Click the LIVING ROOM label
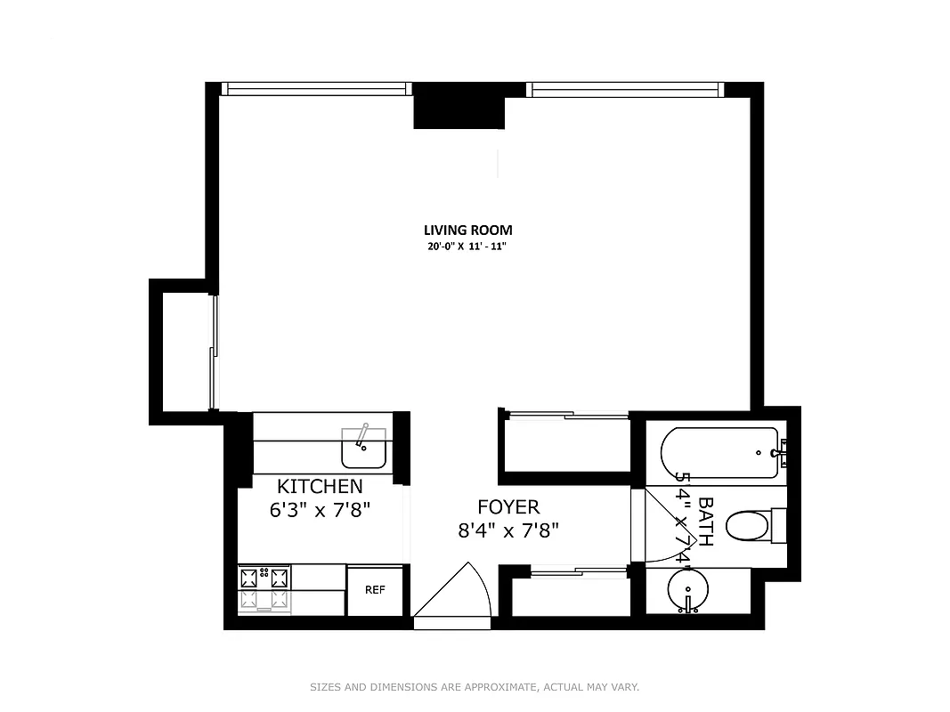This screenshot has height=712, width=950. [x=467, y=230]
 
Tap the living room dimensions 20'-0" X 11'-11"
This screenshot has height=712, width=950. [x=467, y=247]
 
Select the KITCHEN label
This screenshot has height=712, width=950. [x=320, y=486]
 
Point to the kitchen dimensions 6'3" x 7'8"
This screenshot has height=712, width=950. [x=320, y=510]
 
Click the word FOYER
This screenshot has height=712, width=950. [x=508, y=507]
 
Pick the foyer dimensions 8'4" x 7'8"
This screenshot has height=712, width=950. [x=508, y=530]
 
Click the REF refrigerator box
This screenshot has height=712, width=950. [x=375, y=589]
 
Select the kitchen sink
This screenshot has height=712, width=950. [x=363, y=448]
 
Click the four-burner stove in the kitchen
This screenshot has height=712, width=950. [x=265, y=587]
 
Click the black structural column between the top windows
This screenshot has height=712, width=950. [x=459, y=108]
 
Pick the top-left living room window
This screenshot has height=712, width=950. [x=315, y=88]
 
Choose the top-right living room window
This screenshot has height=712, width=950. [x=623, y=88]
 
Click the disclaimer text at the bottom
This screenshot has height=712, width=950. [x=475, y=687]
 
